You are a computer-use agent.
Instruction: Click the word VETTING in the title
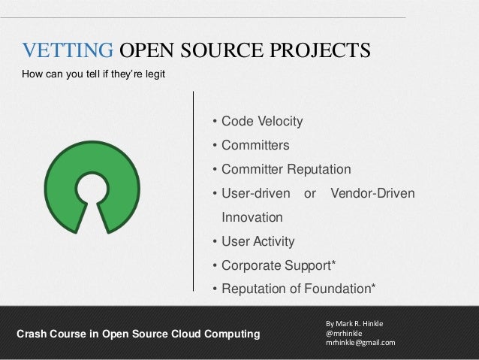pyautogui.click(x=68, y=51)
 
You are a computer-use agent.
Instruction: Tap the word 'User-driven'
pyautogui.click(x=255, y=194)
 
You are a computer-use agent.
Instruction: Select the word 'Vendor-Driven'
pyautogui.click(x=372, y=194)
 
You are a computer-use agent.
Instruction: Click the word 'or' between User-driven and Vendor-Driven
pyautogui.click(x=309, y=194)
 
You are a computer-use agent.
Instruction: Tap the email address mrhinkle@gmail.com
pyautogui.click(x=360, y=343)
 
